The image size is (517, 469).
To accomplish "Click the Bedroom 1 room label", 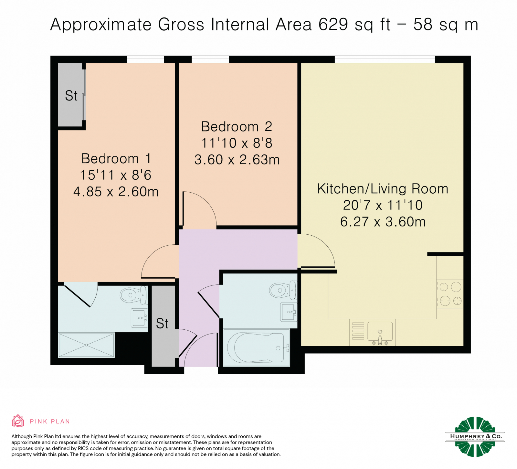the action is (116, 159).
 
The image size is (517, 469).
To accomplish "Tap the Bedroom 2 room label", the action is (237, 127).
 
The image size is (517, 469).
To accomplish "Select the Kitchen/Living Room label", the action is (383, 189).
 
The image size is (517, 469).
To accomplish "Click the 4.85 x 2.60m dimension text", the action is (116, 192).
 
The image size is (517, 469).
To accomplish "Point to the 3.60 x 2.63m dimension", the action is (237, 160).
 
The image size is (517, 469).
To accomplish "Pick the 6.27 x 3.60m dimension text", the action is (383, 222).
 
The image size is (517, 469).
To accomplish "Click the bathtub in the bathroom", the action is (257, 348).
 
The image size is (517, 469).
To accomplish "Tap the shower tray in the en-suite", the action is (86, 345).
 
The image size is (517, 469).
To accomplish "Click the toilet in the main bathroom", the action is (283, 290).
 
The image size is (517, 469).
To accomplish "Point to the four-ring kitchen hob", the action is (450, 294).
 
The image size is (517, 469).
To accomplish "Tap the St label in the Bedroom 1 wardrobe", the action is (71, 96).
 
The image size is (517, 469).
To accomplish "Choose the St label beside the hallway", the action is (162, 324).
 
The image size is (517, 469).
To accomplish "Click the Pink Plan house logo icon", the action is (18, 421).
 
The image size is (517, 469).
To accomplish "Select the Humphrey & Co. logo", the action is (475, 437).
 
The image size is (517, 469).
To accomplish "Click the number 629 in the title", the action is (333, 24).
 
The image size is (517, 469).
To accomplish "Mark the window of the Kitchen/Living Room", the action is (385, 59).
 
